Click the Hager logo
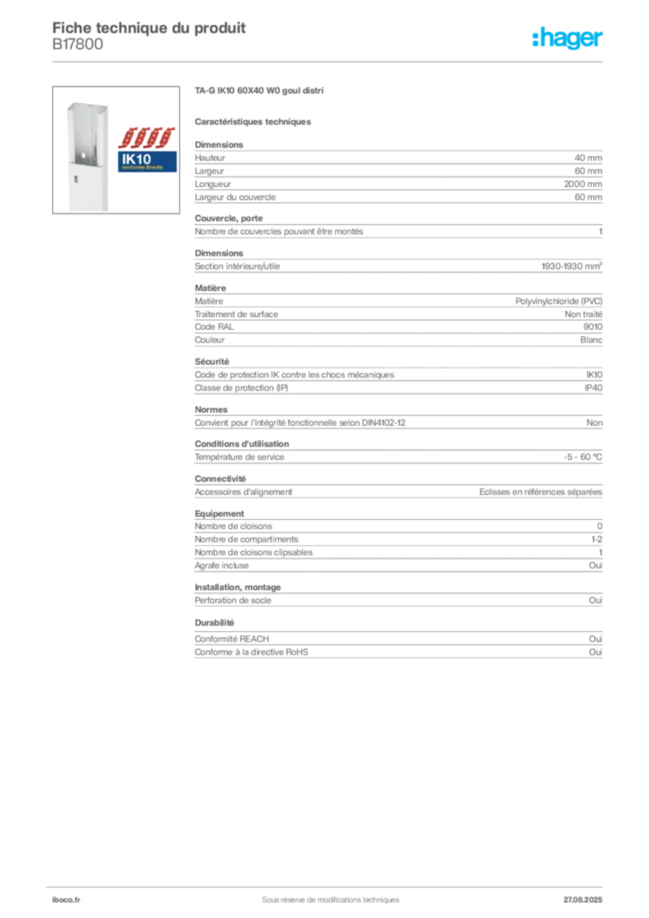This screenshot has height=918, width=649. pos(567,38)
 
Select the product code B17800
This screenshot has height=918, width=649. pos(78,45)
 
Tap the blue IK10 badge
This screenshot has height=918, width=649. pos(148,161)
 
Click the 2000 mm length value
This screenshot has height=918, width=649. pos(583,184)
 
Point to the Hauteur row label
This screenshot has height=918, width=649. pos(210,158)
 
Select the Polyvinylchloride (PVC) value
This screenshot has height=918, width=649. pos(558,301)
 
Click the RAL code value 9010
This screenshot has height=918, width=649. pos(593,326)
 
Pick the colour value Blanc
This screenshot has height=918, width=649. pos(591,340)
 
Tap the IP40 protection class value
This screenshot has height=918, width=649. pos(593,387)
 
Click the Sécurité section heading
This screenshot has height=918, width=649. pos(212,361)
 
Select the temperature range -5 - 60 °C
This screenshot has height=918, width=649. pos(583,456)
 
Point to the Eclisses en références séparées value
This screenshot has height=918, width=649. pos(541,492)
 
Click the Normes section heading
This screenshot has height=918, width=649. pos(212,409)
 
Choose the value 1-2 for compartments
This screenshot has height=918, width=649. pos(596,539)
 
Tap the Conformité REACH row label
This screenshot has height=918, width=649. pos(232,638)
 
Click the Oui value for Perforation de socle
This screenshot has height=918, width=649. pos(596,600)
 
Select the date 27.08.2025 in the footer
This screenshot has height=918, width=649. pos(583,900)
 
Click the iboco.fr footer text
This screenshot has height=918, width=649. pos(66,900)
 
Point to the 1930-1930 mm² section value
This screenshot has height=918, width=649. pos(572,265)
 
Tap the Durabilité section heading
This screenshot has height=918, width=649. pos(214,622)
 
